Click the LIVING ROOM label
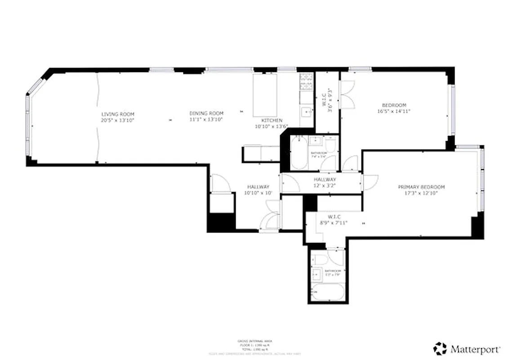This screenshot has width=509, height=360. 118,114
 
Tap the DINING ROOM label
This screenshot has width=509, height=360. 206,113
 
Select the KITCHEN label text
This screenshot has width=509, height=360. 272,121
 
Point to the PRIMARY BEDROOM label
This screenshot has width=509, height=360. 421,187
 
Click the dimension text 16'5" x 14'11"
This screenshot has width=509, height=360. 394,111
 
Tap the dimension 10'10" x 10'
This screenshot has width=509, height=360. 258,193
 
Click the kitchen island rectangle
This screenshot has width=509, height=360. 266,95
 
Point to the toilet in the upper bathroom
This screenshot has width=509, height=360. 330,145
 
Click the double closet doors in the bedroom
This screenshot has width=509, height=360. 348,94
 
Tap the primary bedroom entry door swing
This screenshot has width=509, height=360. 370,182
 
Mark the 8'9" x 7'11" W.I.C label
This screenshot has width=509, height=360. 333,220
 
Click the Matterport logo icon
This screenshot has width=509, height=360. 440,348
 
